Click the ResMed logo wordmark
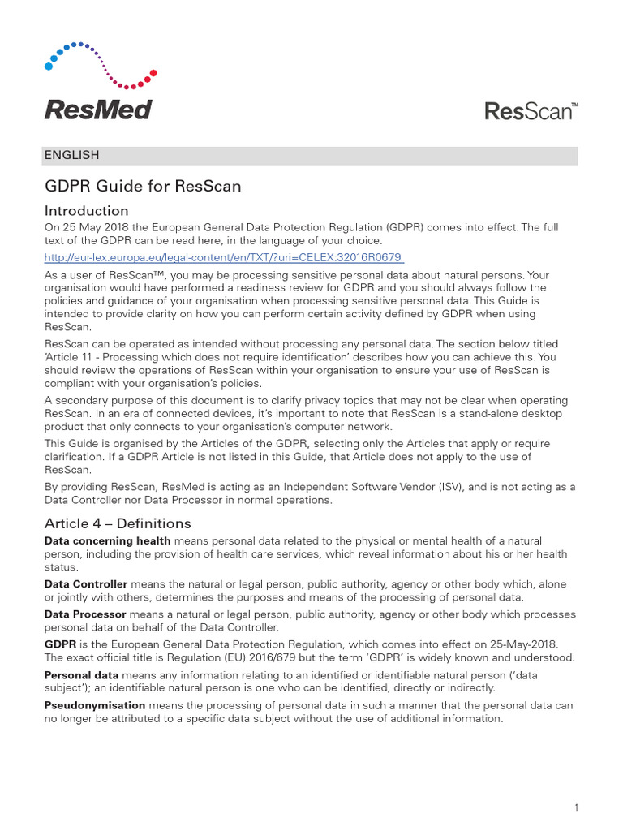point(97,110)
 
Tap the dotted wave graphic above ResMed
point(101,64)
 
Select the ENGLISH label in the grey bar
point(72,155)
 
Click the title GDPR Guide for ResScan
point(143,186)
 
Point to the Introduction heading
point(86,211)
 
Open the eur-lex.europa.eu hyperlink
point(223,257)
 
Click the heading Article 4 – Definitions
point(118,523)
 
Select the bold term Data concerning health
point(107,540)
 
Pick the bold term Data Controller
point(85,584)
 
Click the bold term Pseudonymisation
point(95,706)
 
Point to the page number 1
point(575,785)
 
